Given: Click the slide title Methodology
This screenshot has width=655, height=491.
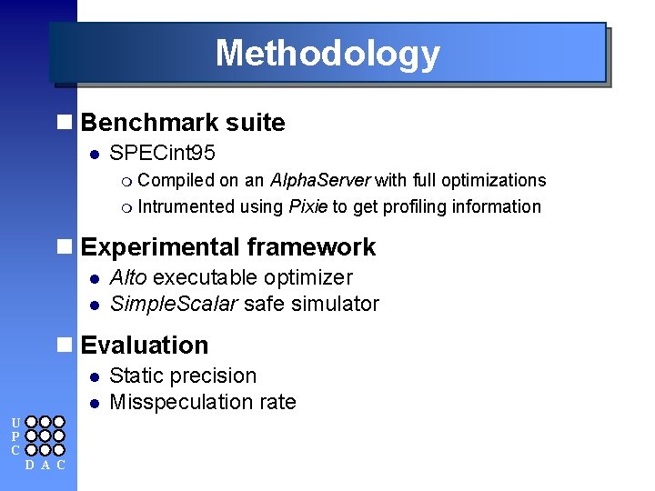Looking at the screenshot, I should coord(327,54).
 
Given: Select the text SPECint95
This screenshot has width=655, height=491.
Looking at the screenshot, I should coord(162,155).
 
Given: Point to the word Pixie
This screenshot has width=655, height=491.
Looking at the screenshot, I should coord(308,206).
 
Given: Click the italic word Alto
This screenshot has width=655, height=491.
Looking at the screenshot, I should coord(128,277).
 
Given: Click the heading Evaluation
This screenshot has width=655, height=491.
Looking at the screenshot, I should coord(145,346).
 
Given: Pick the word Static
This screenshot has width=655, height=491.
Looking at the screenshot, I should coord(135,376).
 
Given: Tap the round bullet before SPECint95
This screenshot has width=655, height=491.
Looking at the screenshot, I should coord(93,155).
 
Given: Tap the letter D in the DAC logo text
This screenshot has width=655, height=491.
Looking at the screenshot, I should coord(30,466).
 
